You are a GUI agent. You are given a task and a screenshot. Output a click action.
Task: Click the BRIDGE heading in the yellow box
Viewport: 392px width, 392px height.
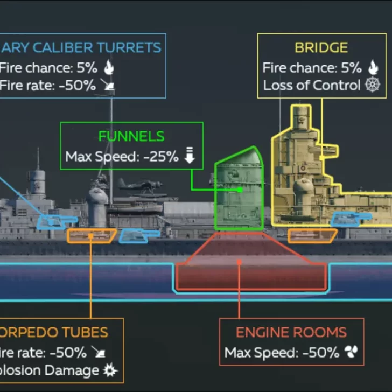click(321, 47)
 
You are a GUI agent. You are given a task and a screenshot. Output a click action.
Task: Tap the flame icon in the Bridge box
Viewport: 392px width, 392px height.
click(373, 67)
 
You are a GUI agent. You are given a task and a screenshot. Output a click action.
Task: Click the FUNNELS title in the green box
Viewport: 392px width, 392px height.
click(131, 137)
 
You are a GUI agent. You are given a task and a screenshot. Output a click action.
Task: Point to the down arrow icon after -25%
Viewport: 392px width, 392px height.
click(189, 156)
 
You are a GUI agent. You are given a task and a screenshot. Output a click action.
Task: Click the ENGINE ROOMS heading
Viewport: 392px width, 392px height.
click(291, 333)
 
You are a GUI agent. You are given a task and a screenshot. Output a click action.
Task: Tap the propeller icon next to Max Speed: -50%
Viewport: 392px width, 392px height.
click(351, 353)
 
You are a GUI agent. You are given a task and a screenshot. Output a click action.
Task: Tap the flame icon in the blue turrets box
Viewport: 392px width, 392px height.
click(109, 67)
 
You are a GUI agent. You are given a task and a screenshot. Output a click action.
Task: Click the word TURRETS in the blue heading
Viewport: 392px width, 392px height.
click(135, 47)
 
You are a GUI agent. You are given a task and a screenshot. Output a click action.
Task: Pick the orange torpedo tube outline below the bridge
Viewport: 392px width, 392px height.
click(312, 235)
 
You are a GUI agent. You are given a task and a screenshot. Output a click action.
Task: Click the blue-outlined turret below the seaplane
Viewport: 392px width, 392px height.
click(139, 235)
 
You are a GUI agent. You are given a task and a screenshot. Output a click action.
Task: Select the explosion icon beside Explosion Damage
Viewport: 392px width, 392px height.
click(111, 370)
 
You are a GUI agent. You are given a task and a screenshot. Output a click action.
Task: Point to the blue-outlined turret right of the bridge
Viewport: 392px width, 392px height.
click(351, 219)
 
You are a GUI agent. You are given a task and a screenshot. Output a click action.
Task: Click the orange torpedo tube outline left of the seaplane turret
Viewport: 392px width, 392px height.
click(91, 235)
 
